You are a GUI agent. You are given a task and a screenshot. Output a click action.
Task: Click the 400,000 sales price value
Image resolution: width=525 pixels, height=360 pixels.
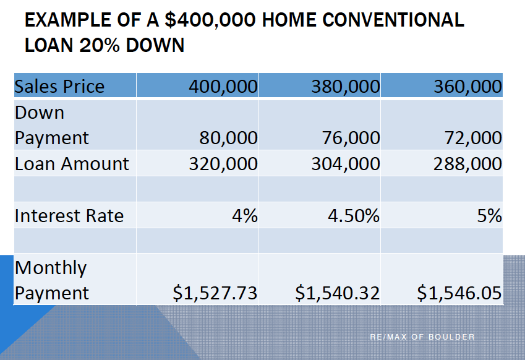[x=223, y=87]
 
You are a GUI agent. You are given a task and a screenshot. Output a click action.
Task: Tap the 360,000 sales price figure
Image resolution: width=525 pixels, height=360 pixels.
[x=467, y=87]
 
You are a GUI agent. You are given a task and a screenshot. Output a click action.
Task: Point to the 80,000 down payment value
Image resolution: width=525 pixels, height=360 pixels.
[x=228, y=138]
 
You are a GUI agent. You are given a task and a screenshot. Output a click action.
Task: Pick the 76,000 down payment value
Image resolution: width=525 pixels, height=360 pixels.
[x=351, y=138]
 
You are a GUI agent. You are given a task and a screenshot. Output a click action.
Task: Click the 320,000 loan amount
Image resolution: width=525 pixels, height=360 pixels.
[x=223, y=164]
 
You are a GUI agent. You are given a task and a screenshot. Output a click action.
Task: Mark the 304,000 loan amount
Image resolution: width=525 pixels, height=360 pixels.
[x=346, y=164]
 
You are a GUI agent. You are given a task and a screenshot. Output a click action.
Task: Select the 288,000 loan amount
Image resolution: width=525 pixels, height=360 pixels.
[x=467, y=164]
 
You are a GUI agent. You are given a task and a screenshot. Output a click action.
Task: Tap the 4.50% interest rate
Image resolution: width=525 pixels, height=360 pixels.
[x=354, y=216]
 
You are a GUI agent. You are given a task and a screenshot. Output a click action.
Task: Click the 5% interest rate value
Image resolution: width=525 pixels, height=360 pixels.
[x=490, y=216]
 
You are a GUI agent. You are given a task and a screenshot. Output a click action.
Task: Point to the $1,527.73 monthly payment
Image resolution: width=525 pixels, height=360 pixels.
[x=215, y=293]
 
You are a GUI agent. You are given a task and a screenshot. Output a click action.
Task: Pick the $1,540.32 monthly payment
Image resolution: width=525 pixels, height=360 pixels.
[x=337, y=293]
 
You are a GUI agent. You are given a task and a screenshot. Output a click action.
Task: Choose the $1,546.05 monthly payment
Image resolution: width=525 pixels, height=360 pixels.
[x=459, y=293]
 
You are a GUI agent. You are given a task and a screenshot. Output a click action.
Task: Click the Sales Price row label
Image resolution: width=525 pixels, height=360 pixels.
[x=59, y=87]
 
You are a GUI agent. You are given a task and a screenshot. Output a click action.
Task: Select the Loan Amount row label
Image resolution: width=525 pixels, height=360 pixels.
[x=72, y=164]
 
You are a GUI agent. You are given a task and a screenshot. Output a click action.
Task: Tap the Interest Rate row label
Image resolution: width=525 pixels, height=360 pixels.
[x=69, y=216]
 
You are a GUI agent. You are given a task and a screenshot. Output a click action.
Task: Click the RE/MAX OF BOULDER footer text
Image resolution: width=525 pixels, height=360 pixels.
[x=422, y=337]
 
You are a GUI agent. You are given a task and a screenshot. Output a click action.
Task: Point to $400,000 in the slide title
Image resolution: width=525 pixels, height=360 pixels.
[x=210, y=20]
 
